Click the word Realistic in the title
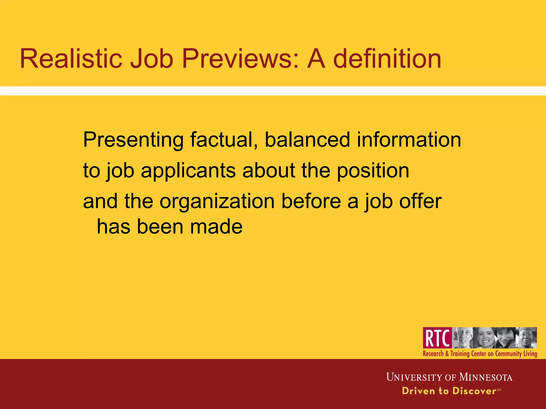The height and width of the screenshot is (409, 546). [x=71, y=59]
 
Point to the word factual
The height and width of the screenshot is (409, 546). [x=223, y=140]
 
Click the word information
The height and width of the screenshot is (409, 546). [x=409, y=140]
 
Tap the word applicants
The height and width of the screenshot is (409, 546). [x=188, y=171]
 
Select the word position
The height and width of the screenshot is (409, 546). [x=373, y=171]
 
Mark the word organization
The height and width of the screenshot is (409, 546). [x=217, y=201]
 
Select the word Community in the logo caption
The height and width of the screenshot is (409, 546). [x=508, y=354]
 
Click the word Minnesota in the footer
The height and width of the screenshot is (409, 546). [x=485, y=377]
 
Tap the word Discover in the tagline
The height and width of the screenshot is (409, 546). [x=474, y=391]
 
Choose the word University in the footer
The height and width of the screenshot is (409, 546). [x=414, y=377]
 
